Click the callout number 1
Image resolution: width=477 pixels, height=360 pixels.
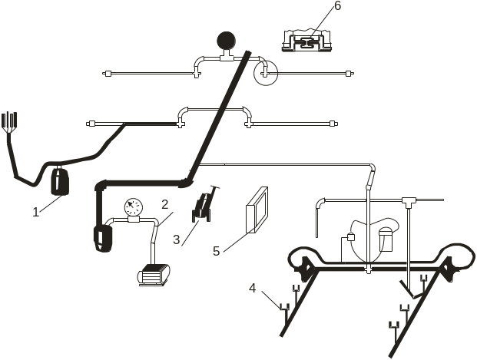click(x=36, y=212)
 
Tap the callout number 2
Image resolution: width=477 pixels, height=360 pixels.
click(x=164, y=205)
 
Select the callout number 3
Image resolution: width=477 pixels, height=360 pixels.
click(x=177, y=239)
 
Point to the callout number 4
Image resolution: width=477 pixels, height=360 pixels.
click(x=253, y=289)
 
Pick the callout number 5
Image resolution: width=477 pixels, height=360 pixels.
click(x=217, y=252)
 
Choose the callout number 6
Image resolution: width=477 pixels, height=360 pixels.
click(x=338, y=6)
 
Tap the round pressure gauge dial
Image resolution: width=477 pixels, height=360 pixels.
click(x=133, y=207)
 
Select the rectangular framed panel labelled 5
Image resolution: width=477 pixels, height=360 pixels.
click(x=257, y=210)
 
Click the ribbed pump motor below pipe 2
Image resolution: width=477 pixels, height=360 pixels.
click(x=154, y=275)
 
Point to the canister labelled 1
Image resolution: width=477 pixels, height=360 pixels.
click(x=60, y=181)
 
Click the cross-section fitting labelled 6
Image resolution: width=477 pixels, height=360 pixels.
click(x=306, y=41)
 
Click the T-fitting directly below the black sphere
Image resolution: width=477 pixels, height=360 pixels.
click(x=227, y=57)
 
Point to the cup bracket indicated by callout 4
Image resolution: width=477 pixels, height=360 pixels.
click(x=285, y=307)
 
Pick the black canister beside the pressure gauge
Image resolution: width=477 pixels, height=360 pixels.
click(x=103, y=238)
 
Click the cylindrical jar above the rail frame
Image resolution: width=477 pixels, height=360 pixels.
click(x=386, y=239)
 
